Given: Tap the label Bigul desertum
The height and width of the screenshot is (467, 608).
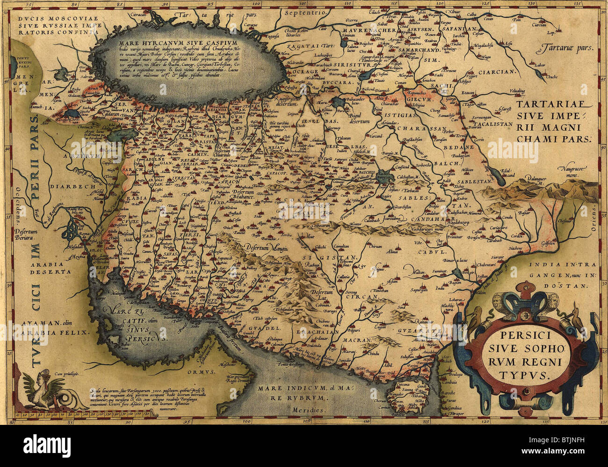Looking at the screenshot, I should tap(360, 117).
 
